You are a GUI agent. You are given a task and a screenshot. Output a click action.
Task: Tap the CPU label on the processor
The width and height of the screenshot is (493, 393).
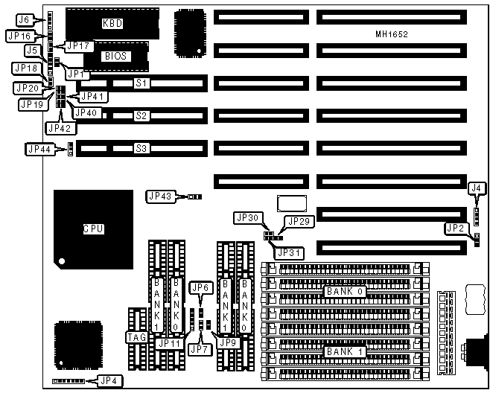click(x=93, y=229)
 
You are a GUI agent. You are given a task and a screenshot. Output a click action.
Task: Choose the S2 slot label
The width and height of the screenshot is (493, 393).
click(x=141, y=116)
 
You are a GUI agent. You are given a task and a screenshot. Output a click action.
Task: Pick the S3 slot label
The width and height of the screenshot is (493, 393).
click(x=141, y=149)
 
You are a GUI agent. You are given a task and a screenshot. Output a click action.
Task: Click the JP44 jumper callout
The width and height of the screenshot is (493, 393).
click(x=39, y=149)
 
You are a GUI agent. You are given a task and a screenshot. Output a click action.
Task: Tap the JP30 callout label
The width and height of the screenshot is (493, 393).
click(x=246, y=218)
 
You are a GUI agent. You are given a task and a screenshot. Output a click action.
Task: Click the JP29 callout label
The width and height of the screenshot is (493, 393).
click(x=299, y=221)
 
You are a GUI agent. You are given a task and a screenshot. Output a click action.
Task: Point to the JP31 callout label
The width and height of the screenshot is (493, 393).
click(x=290, y=252)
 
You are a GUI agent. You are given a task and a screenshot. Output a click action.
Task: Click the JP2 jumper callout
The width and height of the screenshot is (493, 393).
click(x=453, y=227)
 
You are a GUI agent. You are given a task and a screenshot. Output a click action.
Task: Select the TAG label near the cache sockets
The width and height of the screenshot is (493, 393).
click(x=136, y=337)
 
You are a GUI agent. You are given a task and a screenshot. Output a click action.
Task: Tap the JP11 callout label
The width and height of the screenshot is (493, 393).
click(x=169, y=343)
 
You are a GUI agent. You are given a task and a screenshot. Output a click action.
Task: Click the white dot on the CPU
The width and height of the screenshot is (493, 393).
click(x=63, y=261)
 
